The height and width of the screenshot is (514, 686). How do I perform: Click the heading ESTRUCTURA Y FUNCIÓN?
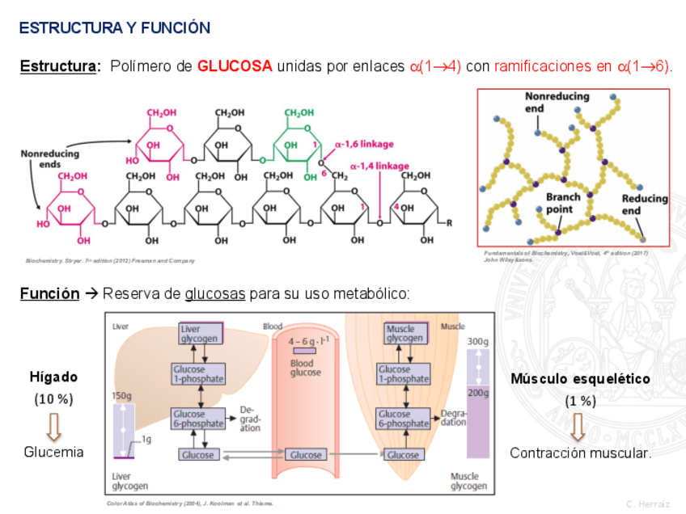point(114,28)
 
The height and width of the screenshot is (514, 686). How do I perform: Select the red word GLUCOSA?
point(235,66)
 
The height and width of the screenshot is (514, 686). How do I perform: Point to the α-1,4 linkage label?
point(379,166)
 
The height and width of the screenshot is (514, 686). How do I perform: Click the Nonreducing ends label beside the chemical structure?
point(50,158)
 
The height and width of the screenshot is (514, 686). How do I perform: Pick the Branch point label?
point(564,203)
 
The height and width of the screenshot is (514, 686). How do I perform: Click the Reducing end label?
point(644,204)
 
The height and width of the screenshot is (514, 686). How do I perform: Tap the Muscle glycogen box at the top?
point(404,334)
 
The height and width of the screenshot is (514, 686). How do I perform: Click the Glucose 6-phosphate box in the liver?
point(199,419)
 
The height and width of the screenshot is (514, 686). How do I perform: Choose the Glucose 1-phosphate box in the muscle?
point(404,374)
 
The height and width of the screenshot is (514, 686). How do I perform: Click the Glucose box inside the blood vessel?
point(306,455)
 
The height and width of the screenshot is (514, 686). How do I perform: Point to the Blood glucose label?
point(306,368)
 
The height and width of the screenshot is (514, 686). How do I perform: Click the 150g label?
point(122,396)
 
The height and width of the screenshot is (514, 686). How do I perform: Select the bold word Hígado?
point(54,377)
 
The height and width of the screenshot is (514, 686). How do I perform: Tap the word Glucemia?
point(53,452)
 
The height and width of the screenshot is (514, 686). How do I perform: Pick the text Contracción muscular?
point(580,453)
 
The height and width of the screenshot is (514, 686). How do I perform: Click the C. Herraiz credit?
point(648,503)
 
